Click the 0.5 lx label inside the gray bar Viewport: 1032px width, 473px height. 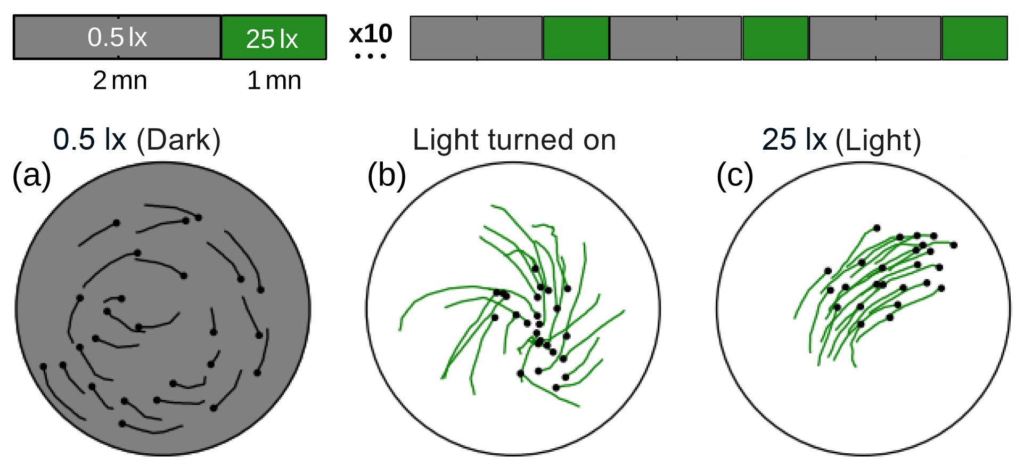pos(117,37)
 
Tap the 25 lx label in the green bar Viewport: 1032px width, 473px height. pos(272,39)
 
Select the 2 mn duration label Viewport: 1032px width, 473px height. pos(120,80)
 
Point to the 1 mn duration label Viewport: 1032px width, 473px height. pos(274,80)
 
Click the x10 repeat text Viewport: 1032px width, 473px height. pos(371,34)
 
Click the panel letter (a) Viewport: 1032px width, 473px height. pos(31,175)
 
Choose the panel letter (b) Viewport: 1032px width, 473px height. pos(387,175)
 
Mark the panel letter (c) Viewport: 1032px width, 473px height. pos(735,175)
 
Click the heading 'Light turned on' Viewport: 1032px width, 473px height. pos(514,140)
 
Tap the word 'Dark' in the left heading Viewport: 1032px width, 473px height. pos(178,140)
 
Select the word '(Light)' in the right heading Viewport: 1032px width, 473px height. pos(878,141)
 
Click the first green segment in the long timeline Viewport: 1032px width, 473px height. pos(576,38)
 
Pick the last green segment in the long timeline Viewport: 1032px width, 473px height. pos(975,38)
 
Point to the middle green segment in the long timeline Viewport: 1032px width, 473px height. pos(775,38)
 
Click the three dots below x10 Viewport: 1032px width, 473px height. pos(371,55)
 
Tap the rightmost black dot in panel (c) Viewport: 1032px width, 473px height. pos(954,245)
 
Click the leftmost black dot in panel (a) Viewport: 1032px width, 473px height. pos(44,366)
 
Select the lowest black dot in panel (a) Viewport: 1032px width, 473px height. pos(122,424)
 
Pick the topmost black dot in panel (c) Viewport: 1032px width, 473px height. pos(877,228)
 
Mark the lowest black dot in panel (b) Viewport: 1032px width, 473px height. pos(556,388)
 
